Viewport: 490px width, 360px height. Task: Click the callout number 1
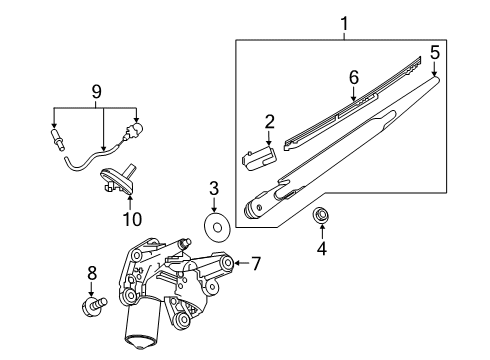pyautogui.click(x=344, y=21)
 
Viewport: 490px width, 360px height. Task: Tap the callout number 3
pyautogui.click(x=214, y=187)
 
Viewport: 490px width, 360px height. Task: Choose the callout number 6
pyautogui.click(x=353, y=77)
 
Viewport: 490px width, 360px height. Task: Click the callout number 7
pyautogui.click(x=256, y=264)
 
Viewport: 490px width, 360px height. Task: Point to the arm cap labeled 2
pyautogui.click(x=258, y=152)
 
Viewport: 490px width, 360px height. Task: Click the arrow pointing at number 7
pyautogui.click(x=241, y=264)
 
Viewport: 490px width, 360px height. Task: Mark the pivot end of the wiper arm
pyautogui.click(x=256, y=208)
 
